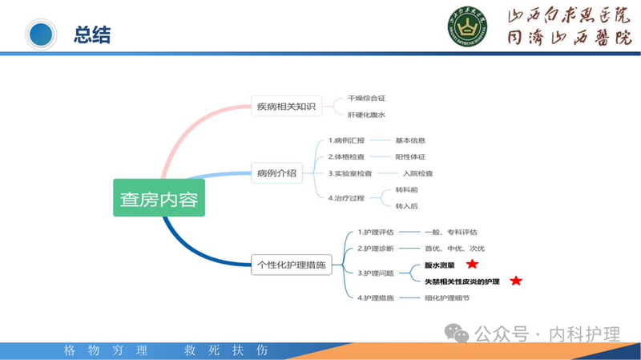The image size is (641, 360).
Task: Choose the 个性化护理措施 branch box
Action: click(x=292, y=265)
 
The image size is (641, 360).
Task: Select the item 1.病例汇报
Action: click(x=346, y=140)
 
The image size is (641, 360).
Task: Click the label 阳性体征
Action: click(x=410, y=156)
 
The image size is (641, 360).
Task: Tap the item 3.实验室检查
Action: click(x=350, y=173)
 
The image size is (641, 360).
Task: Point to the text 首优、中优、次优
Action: click(x=454, y=249)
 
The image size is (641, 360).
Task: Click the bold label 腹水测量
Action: click(x=440, y=265)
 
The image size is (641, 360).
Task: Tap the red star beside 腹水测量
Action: click(x=473, y=264)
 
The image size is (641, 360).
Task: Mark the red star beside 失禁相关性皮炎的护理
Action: click(x=516, y=281)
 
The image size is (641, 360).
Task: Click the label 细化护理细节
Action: click(x=447, y=297)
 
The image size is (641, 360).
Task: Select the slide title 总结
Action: click(x=92, y=34)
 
